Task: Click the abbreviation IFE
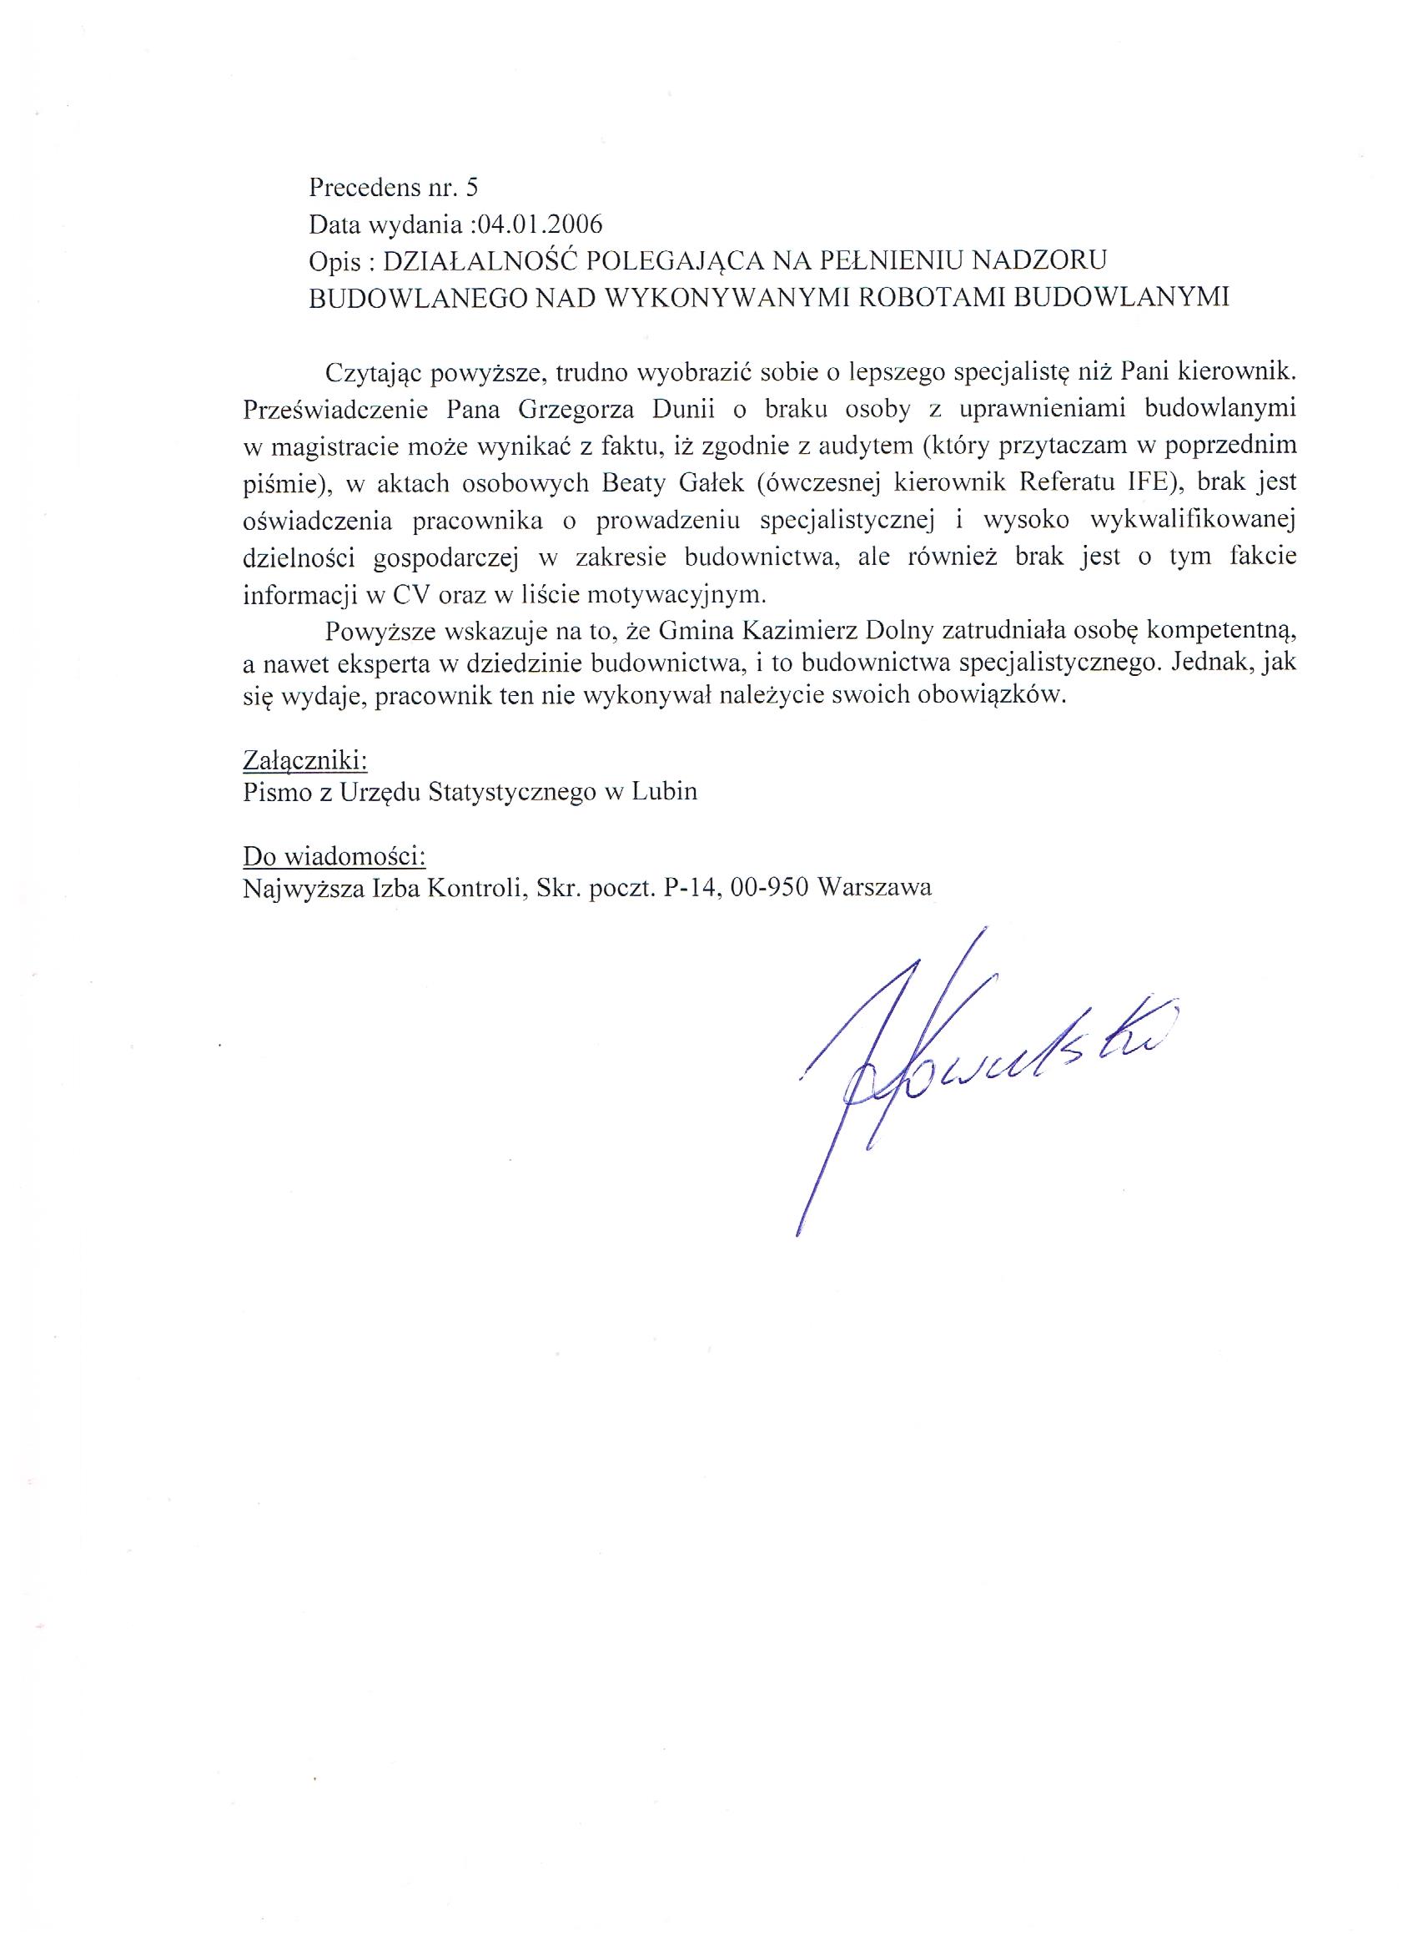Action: click(1148, 483)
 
